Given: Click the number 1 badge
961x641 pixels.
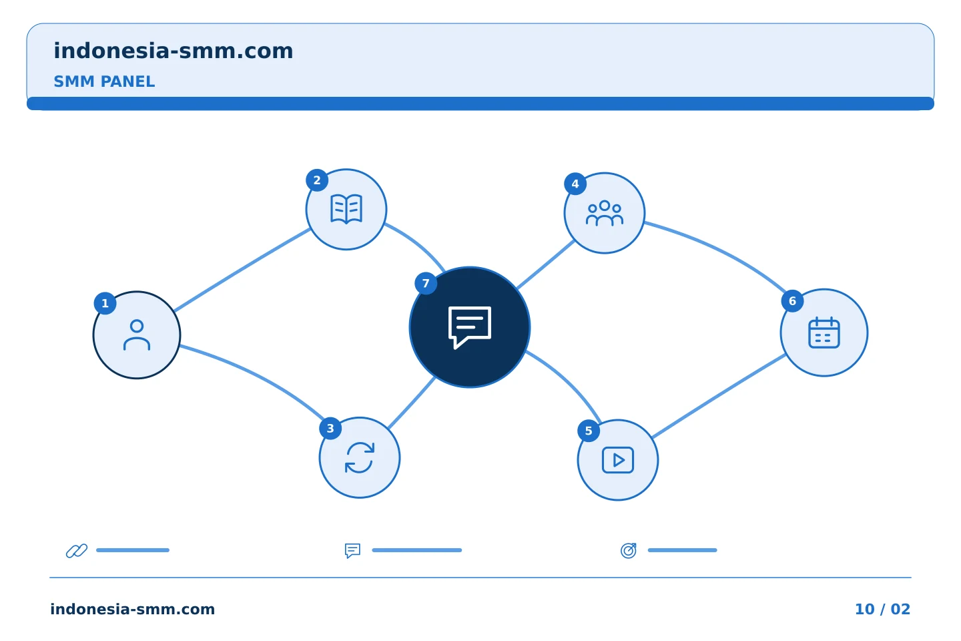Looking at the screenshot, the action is click(105, 304).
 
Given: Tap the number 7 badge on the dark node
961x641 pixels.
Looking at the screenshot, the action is click(426, 283).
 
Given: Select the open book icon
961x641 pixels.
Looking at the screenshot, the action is click(346, 209).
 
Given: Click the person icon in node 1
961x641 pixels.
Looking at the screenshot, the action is click(137, 335).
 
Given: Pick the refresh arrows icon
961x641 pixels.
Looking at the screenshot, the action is click(360, 457).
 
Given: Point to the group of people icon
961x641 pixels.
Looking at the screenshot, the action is click(605, 213).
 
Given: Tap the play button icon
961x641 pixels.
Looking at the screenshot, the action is click(618, 460).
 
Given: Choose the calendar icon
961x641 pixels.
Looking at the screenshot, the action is click(824, 333).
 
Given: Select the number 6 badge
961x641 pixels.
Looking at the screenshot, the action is click(792, 301).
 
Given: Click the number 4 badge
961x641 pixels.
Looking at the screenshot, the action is click(575, 184).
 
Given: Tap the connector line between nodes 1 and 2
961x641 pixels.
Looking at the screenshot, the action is click(242, 270).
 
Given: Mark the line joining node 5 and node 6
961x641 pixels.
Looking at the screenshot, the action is click(719, 396).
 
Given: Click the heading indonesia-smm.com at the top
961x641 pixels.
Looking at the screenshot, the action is click(174, 51).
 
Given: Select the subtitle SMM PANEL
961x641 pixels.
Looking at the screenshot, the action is click(104, 81).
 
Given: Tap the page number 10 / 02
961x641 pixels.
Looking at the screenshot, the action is click(882, 609).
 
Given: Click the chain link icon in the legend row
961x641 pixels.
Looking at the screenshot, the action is click(77, 551).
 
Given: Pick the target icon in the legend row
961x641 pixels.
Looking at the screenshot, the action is click(629, 550).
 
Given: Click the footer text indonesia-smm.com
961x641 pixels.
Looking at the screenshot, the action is click(133, 609).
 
